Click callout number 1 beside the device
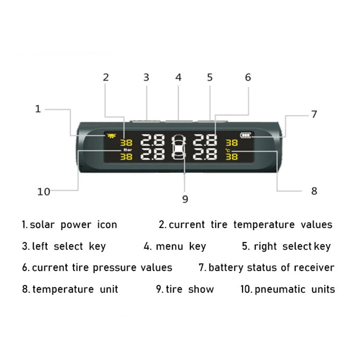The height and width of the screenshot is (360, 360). (38, 108)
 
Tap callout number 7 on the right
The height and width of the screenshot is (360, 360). (314, 114)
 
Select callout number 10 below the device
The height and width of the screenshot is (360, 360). (44, 192)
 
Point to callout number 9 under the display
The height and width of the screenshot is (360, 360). (185, 199)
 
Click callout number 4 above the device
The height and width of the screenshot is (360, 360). (178, 77)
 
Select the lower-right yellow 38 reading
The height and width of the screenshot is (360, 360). (231, 157)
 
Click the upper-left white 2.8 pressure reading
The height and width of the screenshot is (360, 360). (153, 140)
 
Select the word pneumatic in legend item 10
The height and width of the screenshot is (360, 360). (279, 289)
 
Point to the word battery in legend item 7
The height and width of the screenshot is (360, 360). (225, 268)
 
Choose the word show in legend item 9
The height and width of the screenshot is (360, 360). (201, 289)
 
